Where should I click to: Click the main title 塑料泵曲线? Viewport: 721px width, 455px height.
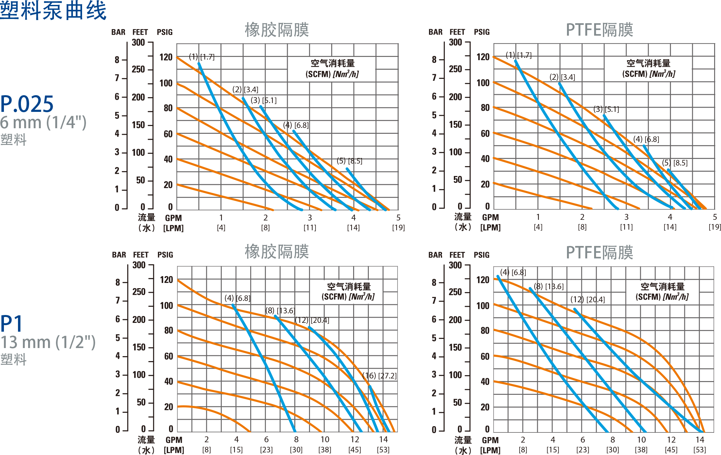[x=53, y=10]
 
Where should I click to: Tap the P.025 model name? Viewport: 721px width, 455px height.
[x=27, y=104]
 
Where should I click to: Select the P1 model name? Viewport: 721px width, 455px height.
[x=12, y=324]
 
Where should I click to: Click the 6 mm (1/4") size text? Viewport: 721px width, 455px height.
[x=43, y=122]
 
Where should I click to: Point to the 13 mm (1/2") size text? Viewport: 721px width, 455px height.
[x=48, y=342]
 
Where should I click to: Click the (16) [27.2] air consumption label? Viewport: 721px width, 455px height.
[x=379, y=376]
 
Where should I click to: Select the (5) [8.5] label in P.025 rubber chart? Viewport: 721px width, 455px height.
[x=350, y=161]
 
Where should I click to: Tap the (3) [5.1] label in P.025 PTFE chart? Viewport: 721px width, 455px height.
[x=606, y=109]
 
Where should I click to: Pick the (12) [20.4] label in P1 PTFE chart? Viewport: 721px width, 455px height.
[x=588, y=300]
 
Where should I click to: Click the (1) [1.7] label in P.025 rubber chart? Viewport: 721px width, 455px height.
[x=202, y=57]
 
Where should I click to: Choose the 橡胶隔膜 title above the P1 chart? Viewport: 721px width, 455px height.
[x=277, y=252]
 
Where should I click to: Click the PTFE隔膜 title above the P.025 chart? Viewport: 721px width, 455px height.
[x=599, y=30]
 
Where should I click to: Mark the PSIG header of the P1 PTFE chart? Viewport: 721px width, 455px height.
[x=482, y=255]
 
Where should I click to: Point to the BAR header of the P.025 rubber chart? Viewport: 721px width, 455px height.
[x=118, y=32]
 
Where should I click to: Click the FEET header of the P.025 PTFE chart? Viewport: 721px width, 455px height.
[x=457, y=32]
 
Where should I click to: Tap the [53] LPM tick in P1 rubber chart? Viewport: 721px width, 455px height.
[x=383, y=450]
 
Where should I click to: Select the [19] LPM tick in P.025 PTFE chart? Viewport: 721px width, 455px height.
[x=714, y=227]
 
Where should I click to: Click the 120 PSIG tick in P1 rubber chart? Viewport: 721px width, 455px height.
[x=166, y=280]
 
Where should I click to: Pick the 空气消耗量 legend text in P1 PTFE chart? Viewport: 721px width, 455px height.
[x=662, y=287]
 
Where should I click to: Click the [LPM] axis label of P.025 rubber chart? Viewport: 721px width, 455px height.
[x=173, y=228]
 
